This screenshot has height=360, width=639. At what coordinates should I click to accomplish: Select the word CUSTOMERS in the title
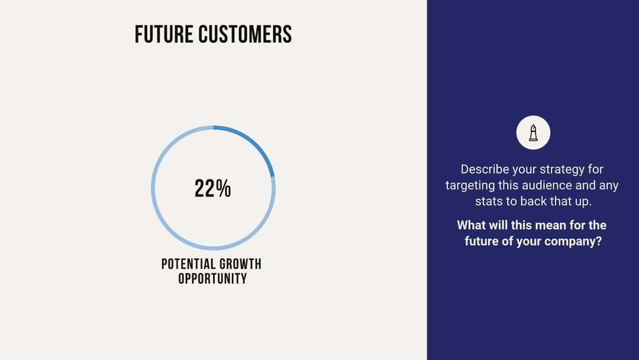point(245,34)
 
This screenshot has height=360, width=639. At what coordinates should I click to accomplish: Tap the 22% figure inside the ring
point(212,188)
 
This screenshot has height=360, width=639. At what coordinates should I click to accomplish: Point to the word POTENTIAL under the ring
point(188,264)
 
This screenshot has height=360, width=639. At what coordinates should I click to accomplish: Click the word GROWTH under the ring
point(240,264)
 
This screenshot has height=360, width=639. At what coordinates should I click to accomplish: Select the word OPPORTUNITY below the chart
point(212,278)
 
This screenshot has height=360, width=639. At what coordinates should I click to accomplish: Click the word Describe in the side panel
point(485,169)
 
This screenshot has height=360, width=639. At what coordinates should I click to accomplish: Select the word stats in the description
point(489,201)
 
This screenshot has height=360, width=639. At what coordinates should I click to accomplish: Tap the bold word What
point(472,226)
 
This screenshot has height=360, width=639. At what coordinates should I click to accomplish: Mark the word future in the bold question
point(483,242)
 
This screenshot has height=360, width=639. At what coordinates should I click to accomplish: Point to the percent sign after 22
point(223,188)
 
